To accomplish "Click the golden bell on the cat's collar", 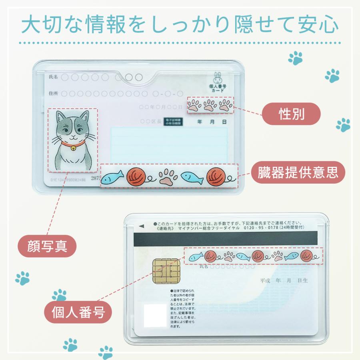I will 73,148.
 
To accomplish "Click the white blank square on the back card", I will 155,315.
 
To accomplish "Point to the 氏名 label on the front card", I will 53,76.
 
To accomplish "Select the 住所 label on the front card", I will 53,94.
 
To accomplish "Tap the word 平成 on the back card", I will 266,281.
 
